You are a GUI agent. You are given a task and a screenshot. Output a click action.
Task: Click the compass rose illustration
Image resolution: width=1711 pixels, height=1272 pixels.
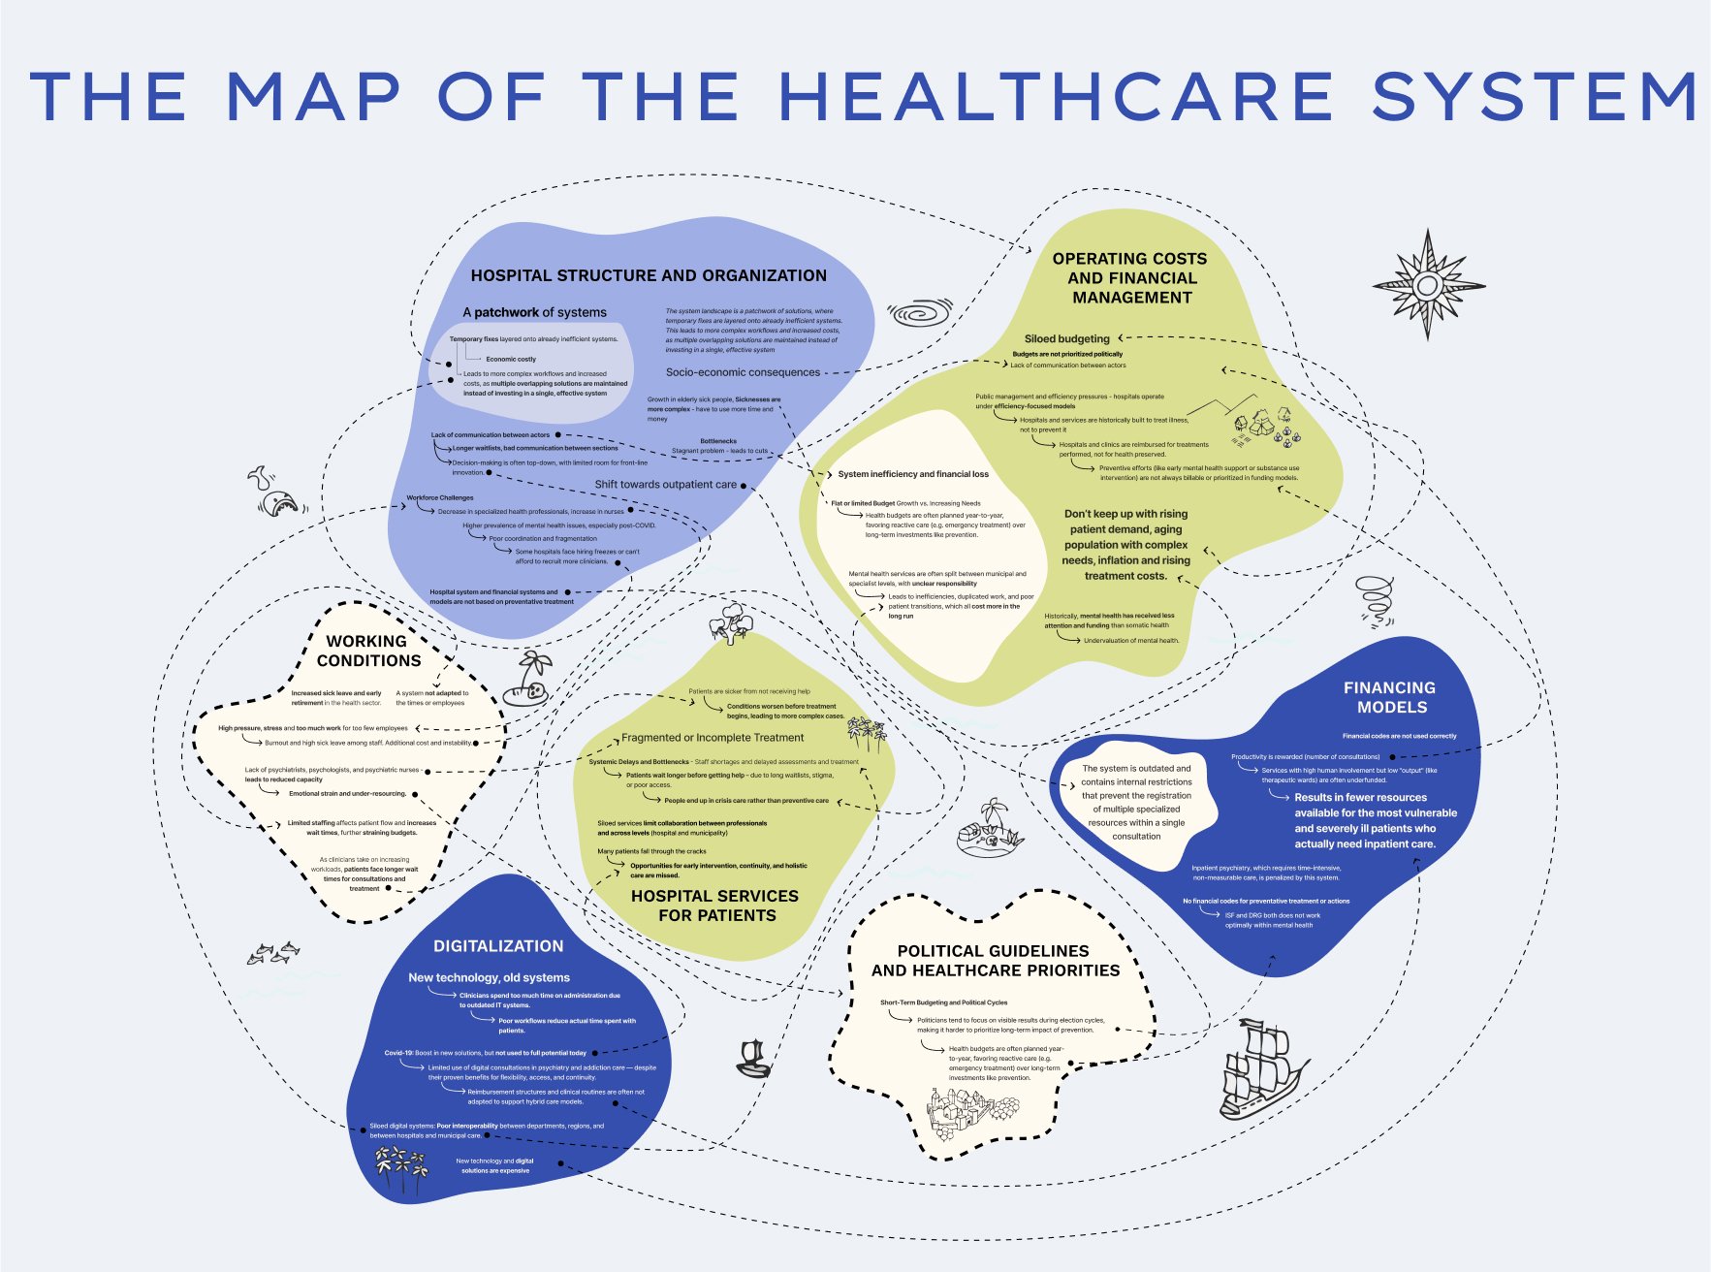1427,285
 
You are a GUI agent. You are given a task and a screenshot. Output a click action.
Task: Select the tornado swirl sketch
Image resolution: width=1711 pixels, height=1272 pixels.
1377,600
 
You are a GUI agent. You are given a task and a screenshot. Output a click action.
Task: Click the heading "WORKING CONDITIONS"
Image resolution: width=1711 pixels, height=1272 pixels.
368,651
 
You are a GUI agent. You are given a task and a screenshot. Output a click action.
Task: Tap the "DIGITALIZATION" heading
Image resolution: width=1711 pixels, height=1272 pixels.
498,946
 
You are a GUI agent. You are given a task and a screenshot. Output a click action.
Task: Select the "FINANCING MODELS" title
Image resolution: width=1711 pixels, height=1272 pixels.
1390,697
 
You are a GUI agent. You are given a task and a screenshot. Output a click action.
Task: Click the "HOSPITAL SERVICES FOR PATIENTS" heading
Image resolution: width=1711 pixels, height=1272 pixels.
715,906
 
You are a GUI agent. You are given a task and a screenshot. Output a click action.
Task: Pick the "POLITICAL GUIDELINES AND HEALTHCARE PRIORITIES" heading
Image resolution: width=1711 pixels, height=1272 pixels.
995,961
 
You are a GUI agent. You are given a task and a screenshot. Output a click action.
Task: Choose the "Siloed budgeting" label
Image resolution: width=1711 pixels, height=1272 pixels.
1066,338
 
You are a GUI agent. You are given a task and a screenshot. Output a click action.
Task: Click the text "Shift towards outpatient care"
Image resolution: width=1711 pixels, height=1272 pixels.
665,485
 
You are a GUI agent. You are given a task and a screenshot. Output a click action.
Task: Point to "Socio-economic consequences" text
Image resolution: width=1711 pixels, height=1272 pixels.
743,372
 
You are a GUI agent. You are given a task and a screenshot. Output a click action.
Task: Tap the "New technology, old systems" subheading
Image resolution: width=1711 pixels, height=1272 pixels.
489,977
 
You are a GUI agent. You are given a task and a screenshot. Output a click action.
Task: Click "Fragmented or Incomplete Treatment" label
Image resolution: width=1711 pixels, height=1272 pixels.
713,738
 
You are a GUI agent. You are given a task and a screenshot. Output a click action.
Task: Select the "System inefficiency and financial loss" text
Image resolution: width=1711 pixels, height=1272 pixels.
913,474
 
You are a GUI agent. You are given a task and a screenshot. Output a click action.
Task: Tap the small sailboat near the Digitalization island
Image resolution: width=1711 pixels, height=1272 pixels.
753,1059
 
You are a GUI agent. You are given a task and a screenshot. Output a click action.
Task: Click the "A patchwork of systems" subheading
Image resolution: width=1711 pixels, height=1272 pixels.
534,312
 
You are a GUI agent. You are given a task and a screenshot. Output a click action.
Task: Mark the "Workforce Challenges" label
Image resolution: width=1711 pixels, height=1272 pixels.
440,498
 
